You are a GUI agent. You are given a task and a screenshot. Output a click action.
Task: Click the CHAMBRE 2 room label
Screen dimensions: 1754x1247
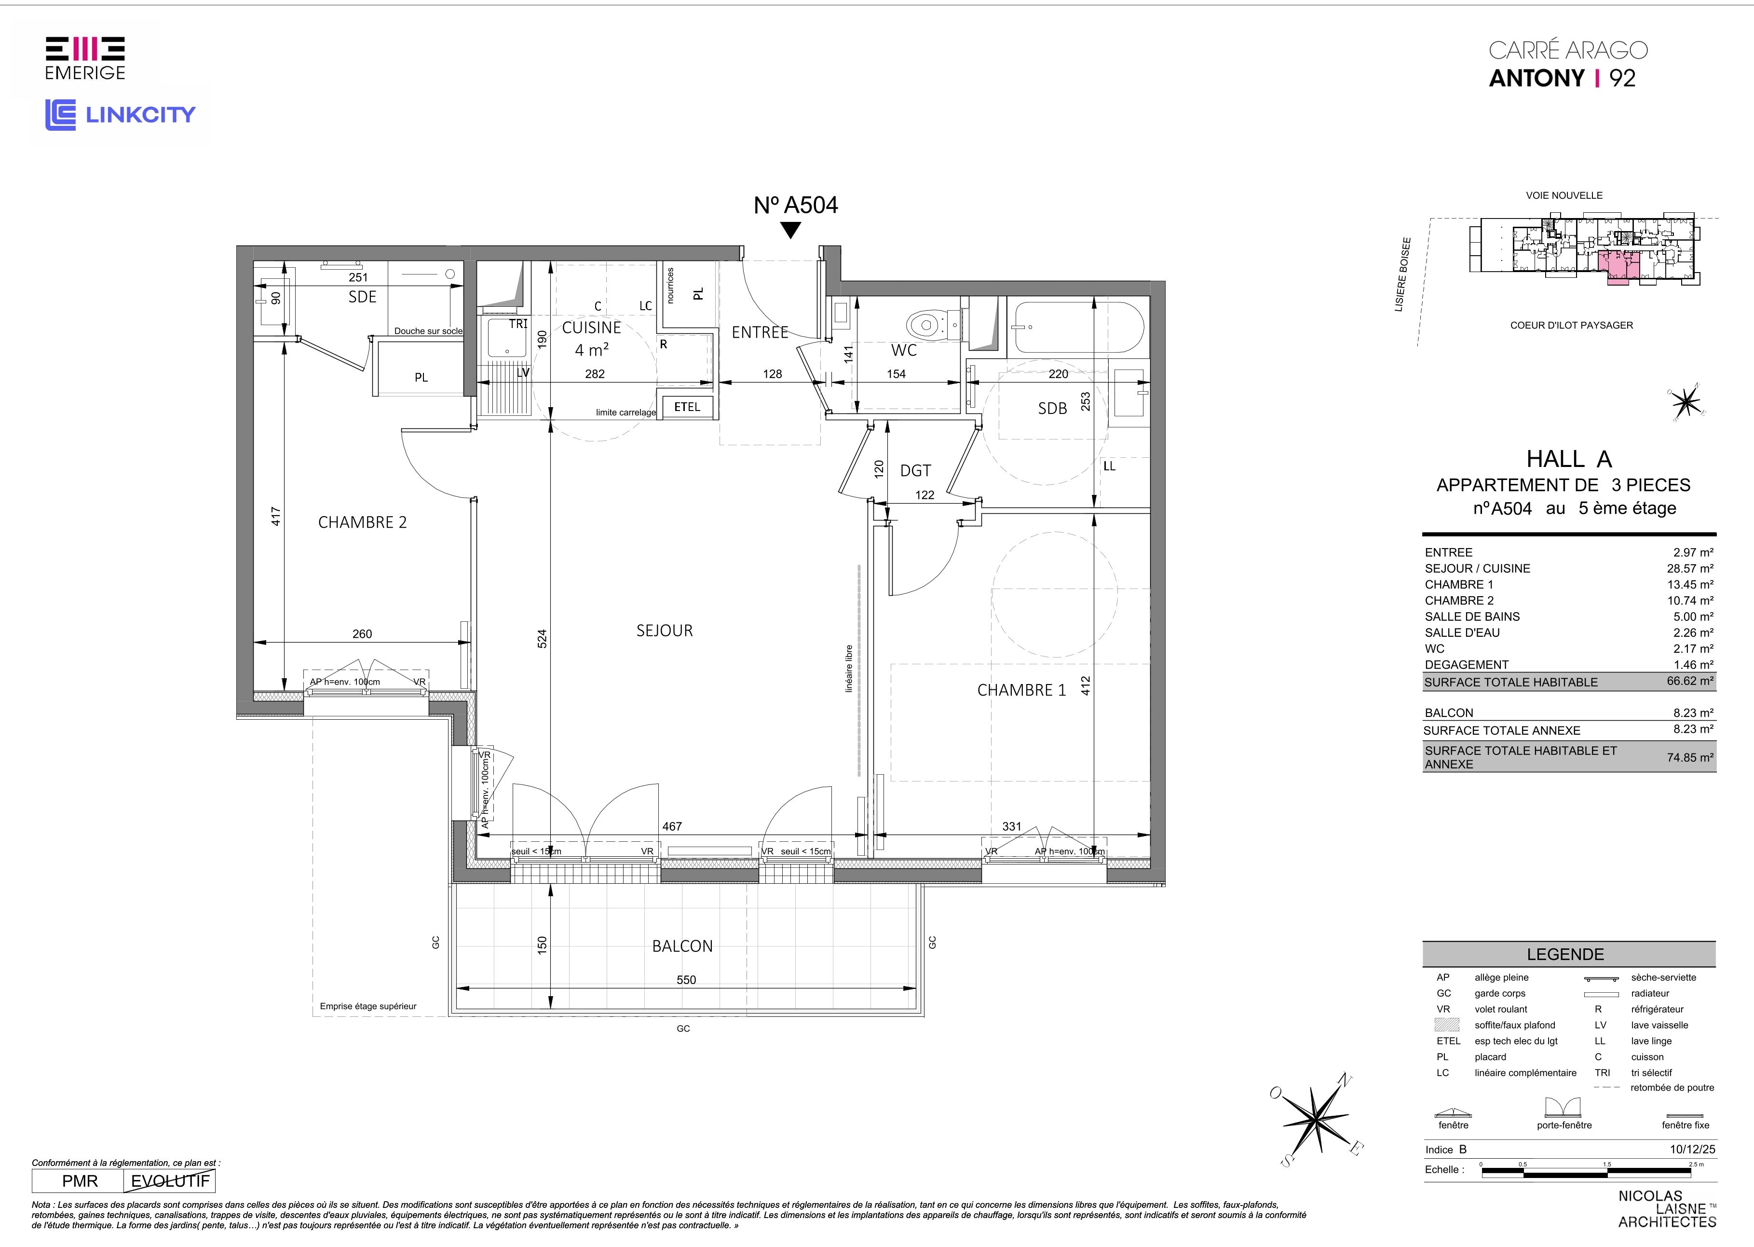[x=362, y=522]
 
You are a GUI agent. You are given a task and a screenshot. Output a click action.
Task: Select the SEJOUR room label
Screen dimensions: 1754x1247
[x=665, y=630]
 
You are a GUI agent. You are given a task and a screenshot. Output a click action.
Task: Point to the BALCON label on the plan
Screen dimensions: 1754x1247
[x=682, y=946]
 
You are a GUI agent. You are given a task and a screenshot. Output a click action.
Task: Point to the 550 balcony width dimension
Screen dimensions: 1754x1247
[x=686, y=980]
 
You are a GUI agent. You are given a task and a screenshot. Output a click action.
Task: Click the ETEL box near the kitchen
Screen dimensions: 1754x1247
[x=687, y=407]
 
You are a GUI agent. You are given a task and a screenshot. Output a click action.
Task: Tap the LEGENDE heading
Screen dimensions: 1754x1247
[x=1565, y=955]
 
